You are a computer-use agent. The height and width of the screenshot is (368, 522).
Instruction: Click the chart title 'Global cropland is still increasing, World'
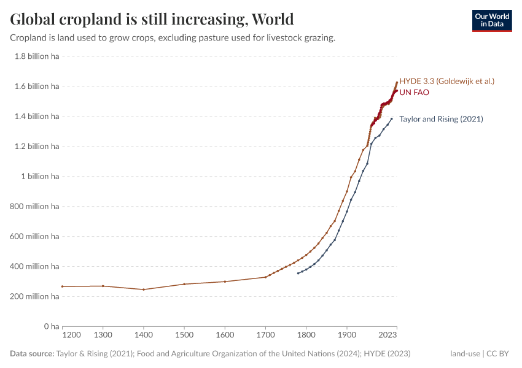pyautogui.click(x=152, y=19)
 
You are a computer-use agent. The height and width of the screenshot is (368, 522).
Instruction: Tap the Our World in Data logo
pyautogui.click(x=491, y=20)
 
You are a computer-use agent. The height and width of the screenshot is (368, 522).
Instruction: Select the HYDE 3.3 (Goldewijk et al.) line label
pyautogui.click(x=446, y=81)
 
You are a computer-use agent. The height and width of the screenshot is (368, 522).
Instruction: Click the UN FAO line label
pyautogui.click(x=414, y=93)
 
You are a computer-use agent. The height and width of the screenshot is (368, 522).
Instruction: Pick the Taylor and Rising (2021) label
pyautogui.click(x=441, y=119)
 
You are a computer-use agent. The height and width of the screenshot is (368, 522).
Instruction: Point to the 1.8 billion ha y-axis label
pyautogui.click(x=36, y=56)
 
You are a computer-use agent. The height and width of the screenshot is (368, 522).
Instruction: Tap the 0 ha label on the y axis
pyautogui.click(x=50, y=326)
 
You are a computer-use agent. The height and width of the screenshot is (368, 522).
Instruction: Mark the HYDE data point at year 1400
pyautogui.click(x=144, y=289)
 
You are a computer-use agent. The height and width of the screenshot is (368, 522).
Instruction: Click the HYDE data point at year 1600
pyautogui.click(x=225, y=282)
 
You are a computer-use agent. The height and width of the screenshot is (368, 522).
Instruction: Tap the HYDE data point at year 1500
pyautogui.click(x=184, y=284)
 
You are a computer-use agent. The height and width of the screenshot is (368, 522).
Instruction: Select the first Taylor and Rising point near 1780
pyautogui.click(x=298, y=273)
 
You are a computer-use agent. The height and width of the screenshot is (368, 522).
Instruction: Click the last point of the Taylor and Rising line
pyautogui.click(x=391, y=119)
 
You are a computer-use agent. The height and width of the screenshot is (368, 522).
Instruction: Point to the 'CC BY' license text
pyautogui.click(x=500, y=354)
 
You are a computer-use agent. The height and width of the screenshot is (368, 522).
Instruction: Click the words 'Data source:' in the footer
pyautogui.click(x=32, y=354)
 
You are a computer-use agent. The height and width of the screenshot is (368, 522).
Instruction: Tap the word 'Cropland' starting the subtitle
pyautogui.click(x=28, y=38)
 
